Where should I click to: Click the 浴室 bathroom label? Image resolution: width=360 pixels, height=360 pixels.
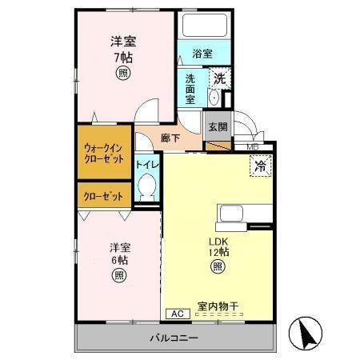pos(201,54)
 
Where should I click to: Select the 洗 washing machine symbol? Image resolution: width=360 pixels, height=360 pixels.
pos(218,79)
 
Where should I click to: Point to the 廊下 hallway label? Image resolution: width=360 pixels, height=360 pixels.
pos(170,138)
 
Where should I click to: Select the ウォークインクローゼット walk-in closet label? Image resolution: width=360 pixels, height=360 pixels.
pos(104,153)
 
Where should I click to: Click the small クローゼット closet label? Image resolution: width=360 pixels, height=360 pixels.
pos(104,193)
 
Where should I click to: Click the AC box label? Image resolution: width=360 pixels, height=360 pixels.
pos(177,314)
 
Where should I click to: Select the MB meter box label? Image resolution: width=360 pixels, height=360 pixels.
pos(253,147)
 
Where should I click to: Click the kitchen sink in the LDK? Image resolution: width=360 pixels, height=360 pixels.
pos(230,214)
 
